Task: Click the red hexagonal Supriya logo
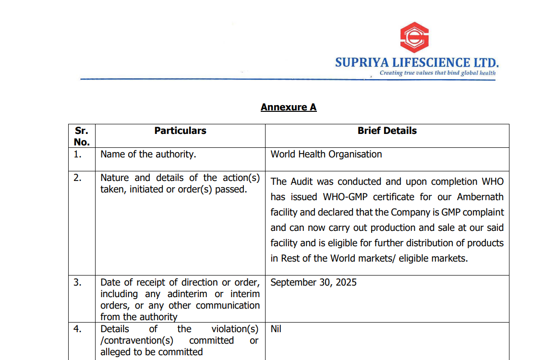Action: (414, 37)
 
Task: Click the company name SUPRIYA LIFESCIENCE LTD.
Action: (417, 62)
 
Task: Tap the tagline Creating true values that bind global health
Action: (437, 73)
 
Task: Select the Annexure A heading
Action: (289, 107)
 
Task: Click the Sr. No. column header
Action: (82, 136)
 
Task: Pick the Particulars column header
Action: (180, 131)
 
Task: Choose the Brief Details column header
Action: (387, 131)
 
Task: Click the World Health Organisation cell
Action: (326, 154)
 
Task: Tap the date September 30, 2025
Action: (313, 282)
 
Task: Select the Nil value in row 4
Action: (276, 329)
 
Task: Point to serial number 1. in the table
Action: (77, 154)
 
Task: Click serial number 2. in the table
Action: (77, 178)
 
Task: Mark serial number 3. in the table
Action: (77, 282)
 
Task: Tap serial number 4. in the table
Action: (77, 329)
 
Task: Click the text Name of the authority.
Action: (148, 154)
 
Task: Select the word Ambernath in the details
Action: (480, 197)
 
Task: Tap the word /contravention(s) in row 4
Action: (136, 340)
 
